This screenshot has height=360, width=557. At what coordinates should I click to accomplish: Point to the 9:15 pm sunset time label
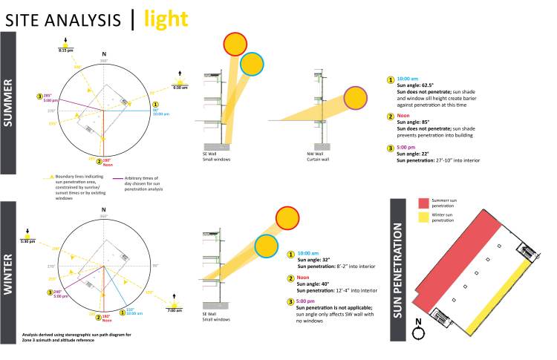pyautogui.click(x=65, y=50)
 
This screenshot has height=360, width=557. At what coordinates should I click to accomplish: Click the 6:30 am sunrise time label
pyautogui.click(x=179, y=87)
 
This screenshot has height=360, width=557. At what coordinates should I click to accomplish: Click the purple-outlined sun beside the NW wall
pyautogui.click(x=354, y=98)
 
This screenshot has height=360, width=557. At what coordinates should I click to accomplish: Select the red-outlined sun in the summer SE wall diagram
pyautogui.click(x=235, y=45)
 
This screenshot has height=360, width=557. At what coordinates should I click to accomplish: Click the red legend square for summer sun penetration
pyautogui.click(x=423, y=203)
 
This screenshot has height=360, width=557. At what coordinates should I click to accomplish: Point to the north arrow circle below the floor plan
pyautogui.click(x=419, y=332)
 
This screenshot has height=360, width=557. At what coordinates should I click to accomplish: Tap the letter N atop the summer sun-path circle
pyautogui.click(x=105, y=55)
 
